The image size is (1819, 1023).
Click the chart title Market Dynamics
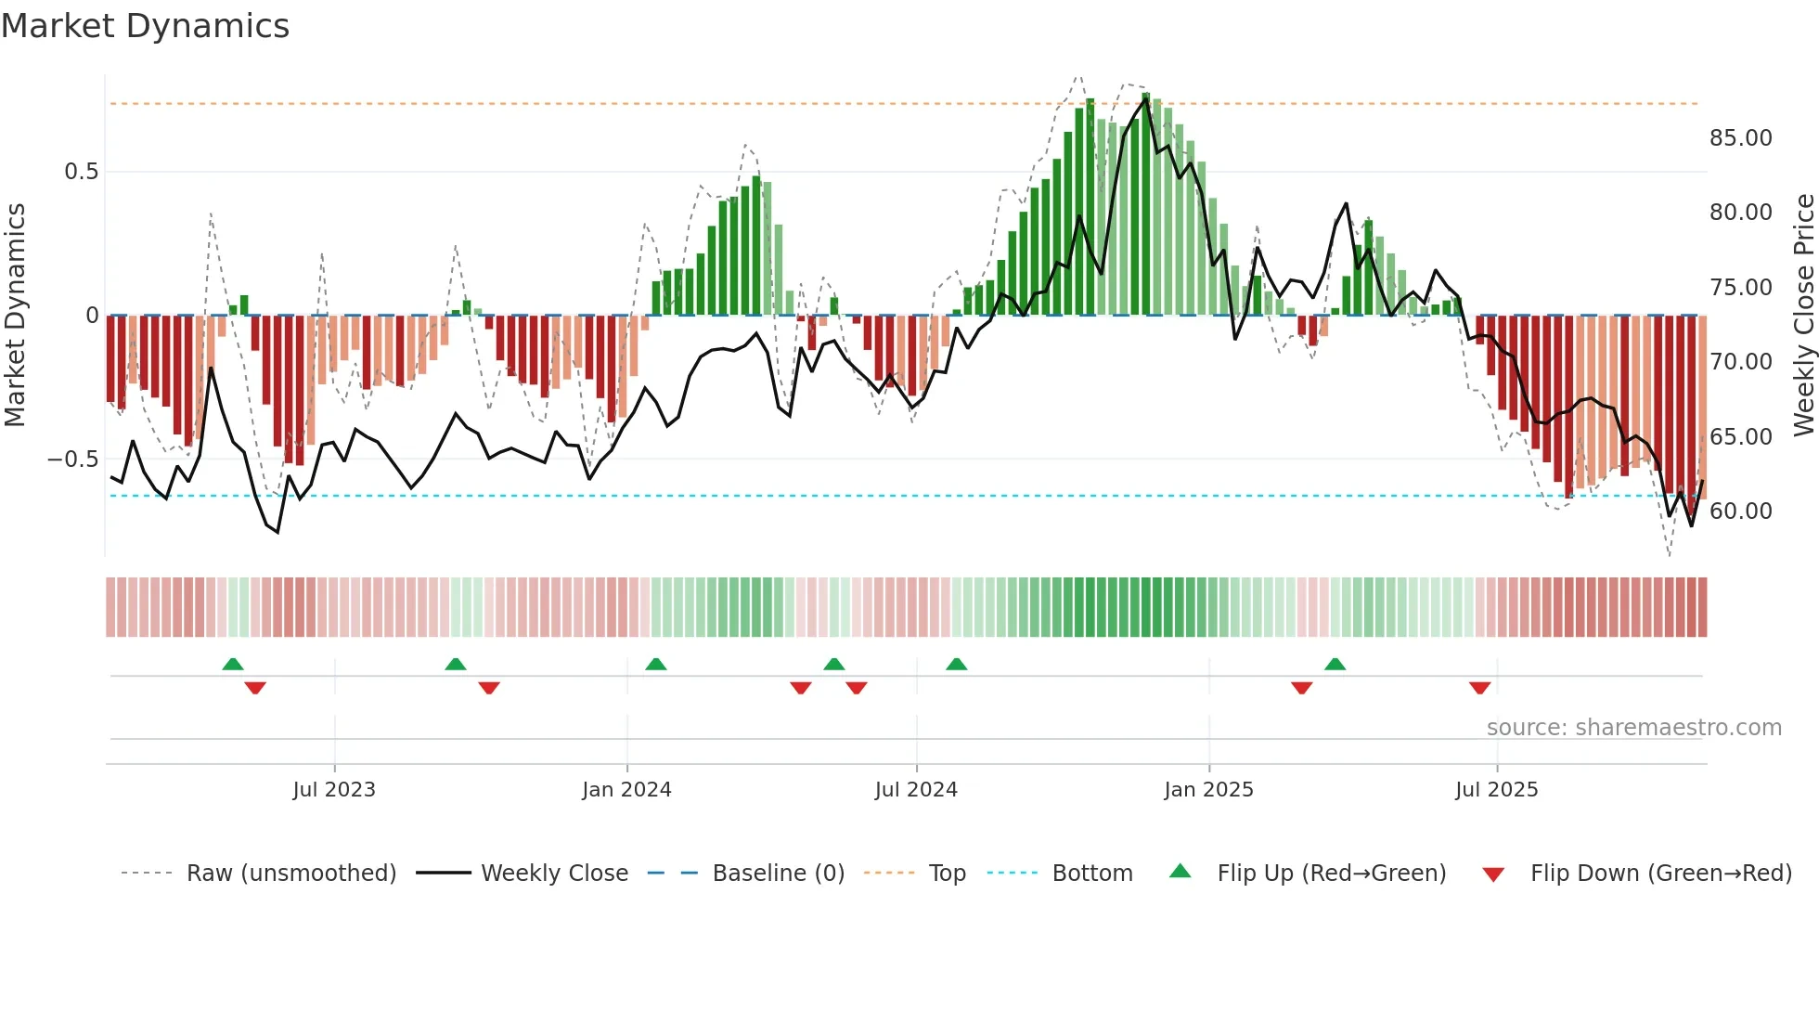pos(146,26)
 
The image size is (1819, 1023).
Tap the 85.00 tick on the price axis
pos(1740,138)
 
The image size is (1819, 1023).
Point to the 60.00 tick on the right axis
pos(1740,511)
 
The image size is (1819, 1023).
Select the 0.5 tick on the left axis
pos(81,172)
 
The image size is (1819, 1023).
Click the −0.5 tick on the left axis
pos(73,460)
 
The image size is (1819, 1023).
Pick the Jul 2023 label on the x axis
pos(334,790)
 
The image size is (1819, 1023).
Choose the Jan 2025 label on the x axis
pos(1208,790)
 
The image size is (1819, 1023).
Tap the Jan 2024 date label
pos(626,790)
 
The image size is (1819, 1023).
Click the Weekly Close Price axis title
pos(1803,316)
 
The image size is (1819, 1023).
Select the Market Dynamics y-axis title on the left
pos(15,316)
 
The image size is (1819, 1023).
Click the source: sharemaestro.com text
pos(1633,728)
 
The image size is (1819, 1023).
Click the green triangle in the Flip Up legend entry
pos(1180,871)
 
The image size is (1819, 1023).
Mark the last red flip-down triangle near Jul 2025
pos(1479,688)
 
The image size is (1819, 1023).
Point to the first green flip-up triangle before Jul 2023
pos(233,664)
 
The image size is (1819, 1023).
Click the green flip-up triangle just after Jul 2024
pos(956,664)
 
